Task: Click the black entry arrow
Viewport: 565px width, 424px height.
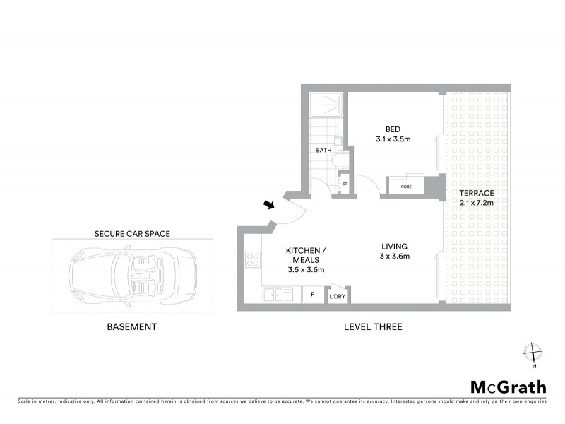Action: click(x=269, y=205)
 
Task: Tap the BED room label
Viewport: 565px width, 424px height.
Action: click(x=393, y=129)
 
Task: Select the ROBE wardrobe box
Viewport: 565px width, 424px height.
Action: click(x=406, y=187)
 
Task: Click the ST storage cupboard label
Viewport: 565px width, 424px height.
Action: click(x=345, y=184)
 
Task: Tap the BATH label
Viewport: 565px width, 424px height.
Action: click(x=323, y=150)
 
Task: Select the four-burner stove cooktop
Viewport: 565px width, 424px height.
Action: click(x=253, y=259)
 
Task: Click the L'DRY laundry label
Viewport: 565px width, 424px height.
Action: click(x=338, y=297)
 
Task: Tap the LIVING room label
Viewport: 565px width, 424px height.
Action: click(x=393, y=247)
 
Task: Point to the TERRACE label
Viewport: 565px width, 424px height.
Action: click(x=476, y=193)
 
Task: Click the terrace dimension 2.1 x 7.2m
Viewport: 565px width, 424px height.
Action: click(x=476, y=203)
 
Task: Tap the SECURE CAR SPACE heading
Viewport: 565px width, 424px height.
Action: click(x=133, y=232)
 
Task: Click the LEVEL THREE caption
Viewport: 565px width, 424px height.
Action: click(x=373, y=326)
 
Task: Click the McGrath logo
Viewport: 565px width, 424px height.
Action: click(x=508, y=387)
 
